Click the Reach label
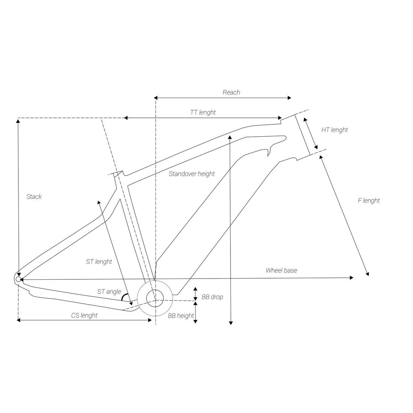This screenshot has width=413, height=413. click(231, 92)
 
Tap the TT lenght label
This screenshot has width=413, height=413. click(203, 113)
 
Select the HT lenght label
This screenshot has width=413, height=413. click(335, 130)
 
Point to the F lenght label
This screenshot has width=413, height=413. click(369, 201)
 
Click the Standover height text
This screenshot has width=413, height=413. click(192, 174)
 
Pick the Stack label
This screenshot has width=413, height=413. click(34, 196)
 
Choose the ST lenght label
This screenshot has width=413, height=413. click(99, 262)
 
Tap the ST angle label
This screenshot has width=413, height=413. click(109, 292)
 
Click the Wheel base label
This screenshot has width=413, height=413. click(281, 270)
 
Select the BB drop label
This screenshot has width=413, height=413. click(212, 297)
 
